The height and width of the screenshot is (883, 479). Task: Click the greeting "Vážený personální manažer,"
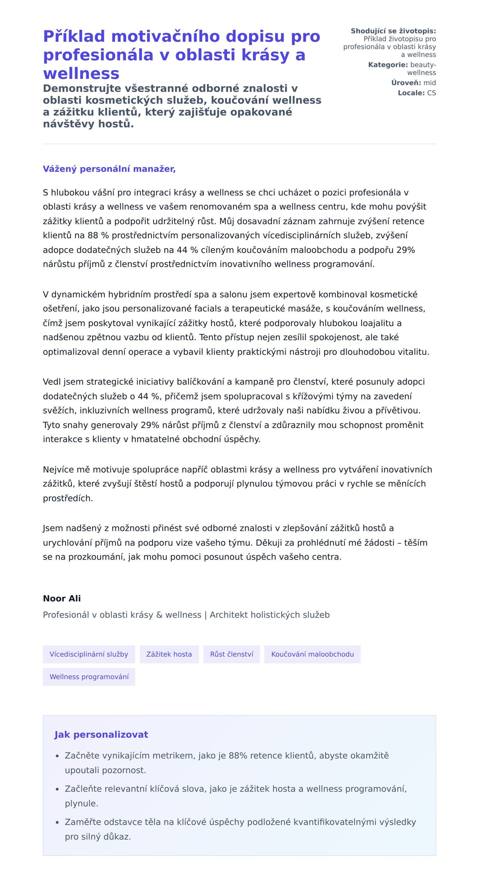(109, 169)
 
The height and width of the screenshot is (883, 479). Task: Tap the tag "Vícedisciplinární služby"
(89, 654)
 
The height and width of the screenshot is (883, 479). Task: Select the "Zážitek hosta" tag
(169, 654)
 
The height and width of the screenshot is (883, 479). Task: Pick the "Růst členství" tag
(232, 654)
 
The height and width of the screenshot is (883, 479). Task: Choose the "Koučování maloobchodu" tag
(312, 654)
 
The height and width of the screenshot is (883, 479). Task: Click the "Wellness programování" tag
(89, 677)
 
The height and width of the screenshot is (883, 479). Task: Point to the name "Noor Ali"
(62, 598)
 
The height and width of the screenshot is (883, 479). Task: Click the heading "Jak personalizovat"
(101, 735)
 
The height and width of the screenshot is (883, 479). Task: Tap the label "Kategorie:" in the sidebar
(388, 65)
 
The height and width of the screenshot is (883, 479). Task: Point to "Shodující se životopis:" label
(393, 31)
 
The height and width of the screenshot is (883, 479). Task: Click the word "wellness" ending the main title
(81, 73)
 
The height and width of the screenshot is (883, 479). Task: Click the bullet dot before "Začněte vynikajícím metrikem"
(57, 756)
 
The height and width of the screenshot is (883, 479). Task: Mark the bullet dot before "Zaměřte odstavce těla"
(57, 822)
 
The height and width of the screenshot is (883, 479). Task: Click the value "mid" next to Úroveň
(430, 83)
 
